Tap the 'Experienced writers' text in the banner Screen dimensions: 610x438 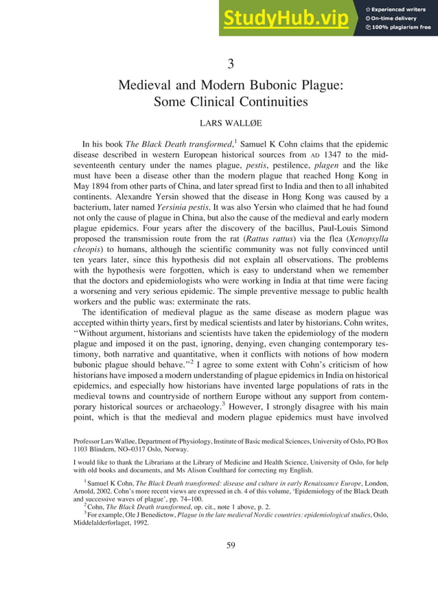(x=402, y=8)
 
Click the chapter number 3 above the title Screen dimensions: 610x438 (x=231, y=64)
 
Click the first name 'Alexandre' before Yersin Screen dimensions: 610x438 (x=97, y=200)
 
